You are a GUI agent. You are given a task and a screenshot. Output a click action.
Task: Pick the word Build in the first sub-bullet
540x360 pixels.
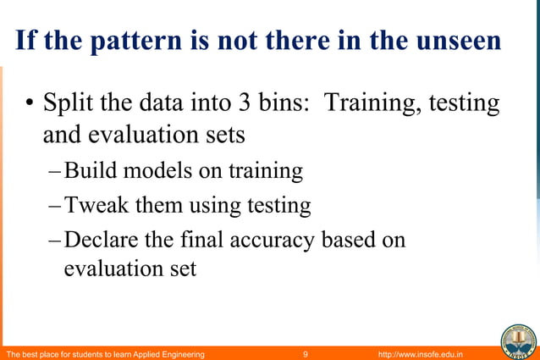(91, 170)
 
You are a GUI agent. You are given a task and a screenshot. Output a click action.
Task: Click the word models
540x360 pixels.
(157, 170)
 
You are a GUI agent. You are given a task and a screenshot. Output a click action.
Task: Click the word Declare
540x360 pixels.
(102, 240)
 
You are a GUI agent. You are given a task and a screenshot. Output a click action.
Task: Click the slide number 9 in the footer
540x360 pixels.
(306, 352)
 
